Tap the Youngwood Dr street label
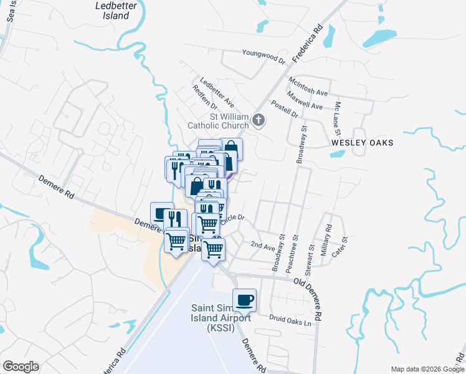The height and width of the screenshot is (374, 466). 263,57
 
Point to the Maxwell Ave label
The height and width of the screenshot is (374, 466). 305,101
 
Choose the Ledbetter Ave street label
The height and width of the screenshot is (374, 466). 217,92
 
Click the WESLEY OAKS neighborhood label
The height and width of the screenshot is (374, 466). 363,143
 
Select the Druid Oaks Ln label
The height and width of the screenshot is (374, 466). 290,322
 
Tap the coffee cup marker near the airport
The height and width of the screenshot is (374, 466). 245,299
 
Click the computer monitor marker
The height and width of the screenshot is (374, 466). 161,213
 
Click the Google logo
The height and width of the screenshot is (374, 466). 21,367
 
